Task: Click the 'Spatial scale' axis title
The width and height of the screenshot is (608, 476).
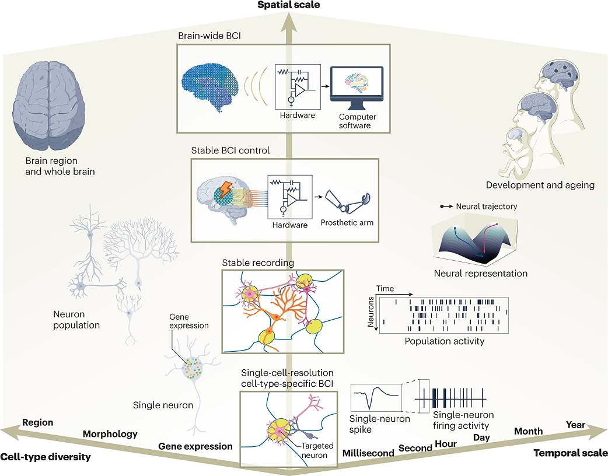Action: [289, 5]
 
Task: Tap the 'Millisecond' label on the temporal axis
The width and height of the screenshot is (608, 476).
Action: [368, 453]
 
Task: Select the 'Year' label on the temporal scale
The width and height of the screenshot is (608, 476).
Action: [575, 425]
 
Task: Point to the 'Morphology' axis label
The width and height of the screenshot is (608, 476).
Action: [110, 434]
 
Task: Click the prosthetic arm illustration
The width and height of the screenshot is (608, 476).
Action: [347, 202]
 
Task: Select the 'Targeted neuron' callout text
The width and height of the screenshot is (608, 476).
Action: [317, 450]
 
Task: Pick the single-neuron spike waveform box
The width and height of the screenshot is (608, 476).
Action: [376, 397]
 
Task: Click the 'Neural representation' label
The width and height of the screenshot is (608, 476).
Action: [480, 273]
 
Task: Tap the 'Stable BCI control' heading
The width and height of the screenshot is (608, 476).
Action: [230, 150]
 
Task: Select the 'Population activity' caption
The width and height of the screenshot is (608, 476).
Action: [445, 341]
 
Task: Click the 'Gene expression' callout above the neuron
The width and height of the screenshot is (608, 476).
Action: [189, 321]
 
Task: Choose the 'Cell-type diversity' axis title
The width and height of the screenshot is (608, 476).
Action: [46, 457]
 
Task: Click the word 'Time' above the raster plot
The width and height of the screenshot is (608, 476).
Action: [385, 288]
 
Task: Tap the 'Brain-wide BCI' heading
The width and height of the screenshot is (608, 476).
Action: [209, 36]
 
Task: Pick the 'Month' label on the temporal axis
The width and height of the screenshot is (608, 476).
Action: [529, 431]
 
